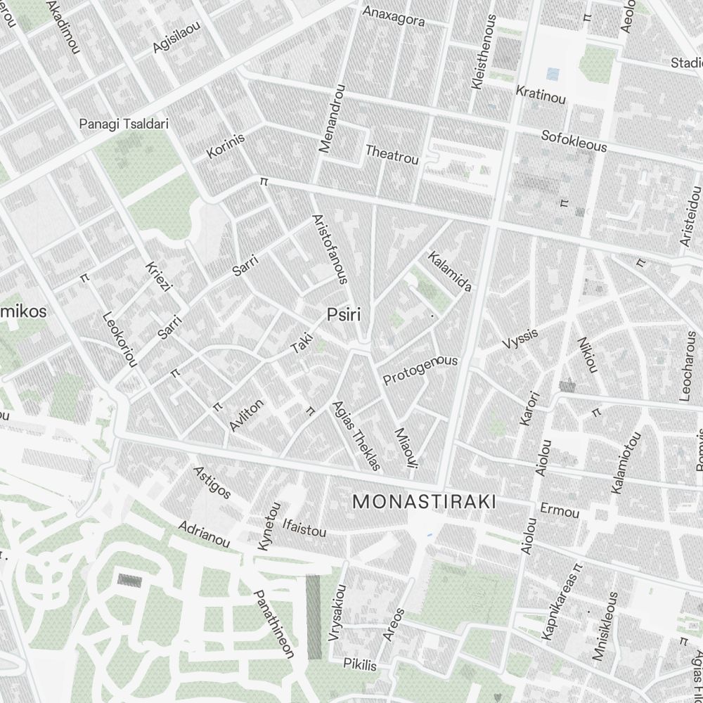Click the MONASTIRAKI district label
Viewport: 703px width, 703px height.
[x=424, y=501]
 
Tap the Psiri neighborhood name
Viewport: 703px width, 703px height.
[x=344, y=315]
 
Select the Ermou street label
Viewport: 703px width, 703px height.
[x=560, y=510]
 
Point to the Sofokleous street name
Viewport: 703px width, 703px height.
[x=574, y=141]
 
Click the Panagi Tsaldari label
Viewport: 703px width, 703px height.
[x=124, y=124]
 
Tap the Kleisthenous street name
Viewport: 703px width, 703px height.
[x=484, y=52]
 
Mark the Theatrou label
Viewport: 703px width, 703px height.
[x=392, y=154]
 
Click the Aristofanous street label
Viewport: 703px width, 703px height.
[x=329, y=249]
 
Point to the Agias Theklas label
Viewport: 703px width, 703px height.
[x=356, y=435]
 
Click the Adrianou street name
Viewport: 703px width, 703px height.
[x=204, y=534]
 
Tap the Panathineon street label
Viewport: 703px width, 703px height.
[x=273, y=623]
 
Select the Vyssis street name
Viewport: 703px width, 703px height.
[x=520, y=338]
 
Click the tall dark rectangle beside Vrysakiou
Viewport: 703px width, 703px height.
[x=314, y=617]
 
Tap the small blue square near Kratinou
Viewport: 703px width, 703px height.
[x=553, y=73]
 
